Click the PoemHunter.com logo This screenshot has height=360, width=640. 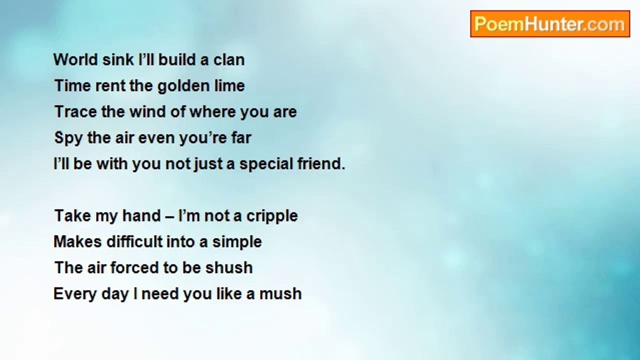550,24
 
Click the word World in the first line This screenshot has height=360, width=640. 75,59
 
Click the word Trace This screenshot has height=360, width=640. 75,111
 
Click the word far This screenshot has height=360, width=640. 241,137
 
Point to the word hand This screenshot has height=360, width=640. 141,215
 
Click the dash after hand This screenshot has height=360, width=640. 169,216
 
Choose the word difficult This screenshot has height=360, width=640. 134,241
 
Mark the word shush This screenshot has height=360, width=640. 229,267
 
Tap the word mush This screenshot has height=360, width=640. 280,293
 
